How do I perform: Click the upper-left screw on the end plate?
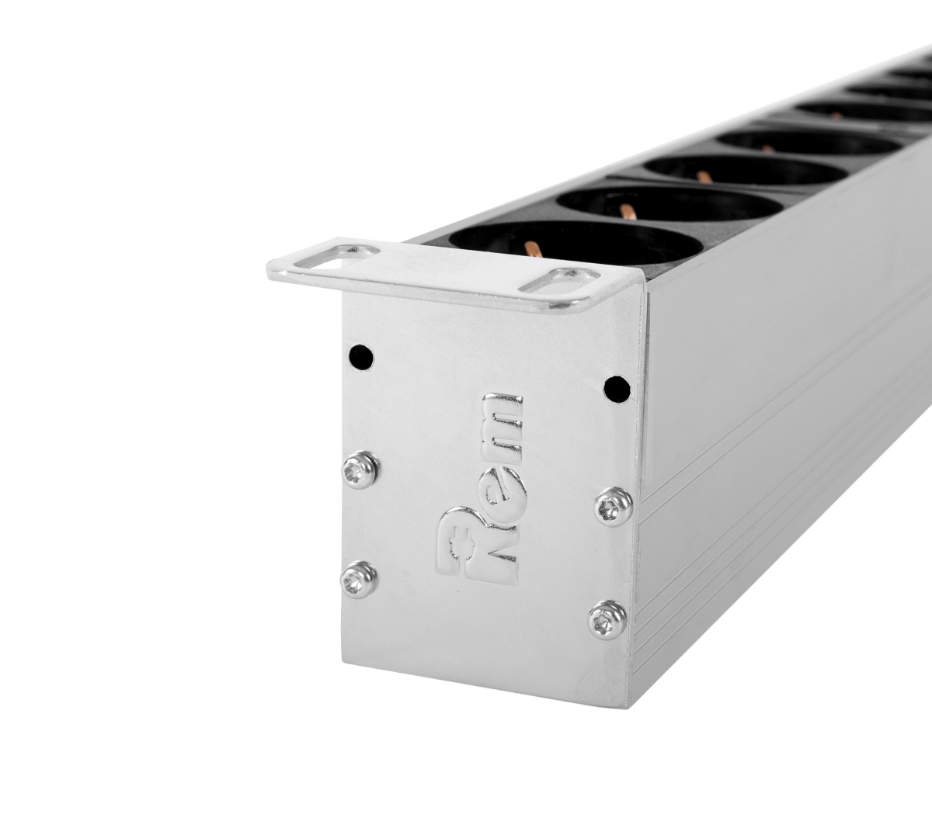(x=362, y=468)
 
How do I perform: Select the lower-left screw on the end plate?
(x=358, y=580)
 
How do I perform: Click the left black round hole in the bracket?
(x=361, y=356)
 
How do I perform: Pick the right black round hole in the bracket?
(x=617, y=388)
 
